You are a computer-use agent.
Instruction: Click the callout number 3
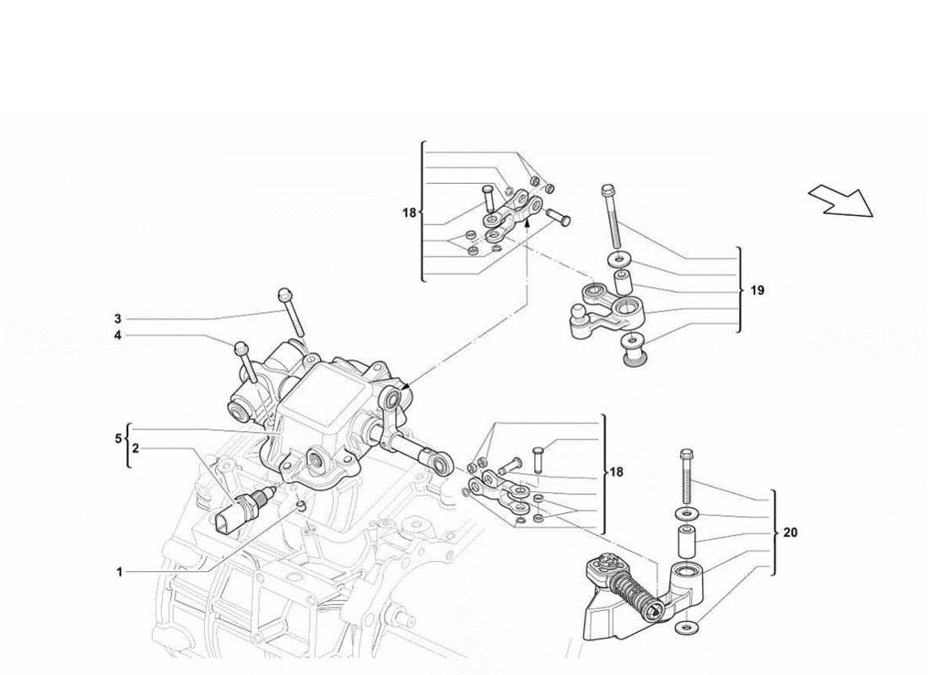pyautogui.click(x=118, y=319)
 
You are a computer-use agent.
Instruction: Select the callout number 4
pyautogui.click(x=118, y=335)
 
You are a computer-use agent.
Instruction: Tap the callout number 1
pyautogui.click(x=119, y=571)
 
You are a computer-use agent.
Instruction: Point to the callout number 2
pyautogui.click(x=135, y=449)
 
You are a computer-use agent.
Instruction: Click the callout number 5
pyautogui.click(x=119, y=439)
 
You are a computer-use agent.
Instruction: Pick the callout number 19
pyautogui.click(x=757, y=290)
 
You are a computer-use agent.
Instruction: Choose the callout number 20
pyautogui.click(x=790, y=532)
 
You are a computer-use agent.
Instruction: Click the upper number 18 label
pyautogui.click(x=409, y=213)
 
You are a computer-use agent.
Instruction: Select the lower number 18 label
pyautogui.click(x=617, y=472)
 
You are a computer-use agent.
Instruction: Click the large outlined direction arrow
pyautogui.click(x=841, y=201)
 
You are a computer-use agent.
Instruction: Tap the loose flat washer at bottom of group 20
pyautogui.click(x=686, y=627)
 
